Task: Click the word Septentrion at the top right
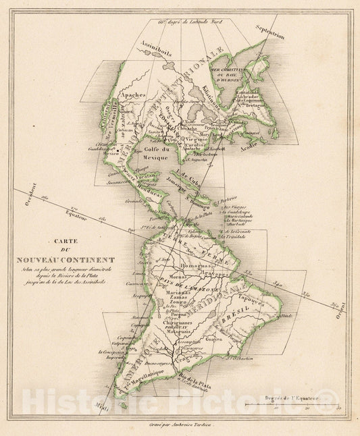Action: click(267, 31)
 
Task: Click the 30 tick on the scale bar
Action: click(338, 410)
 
